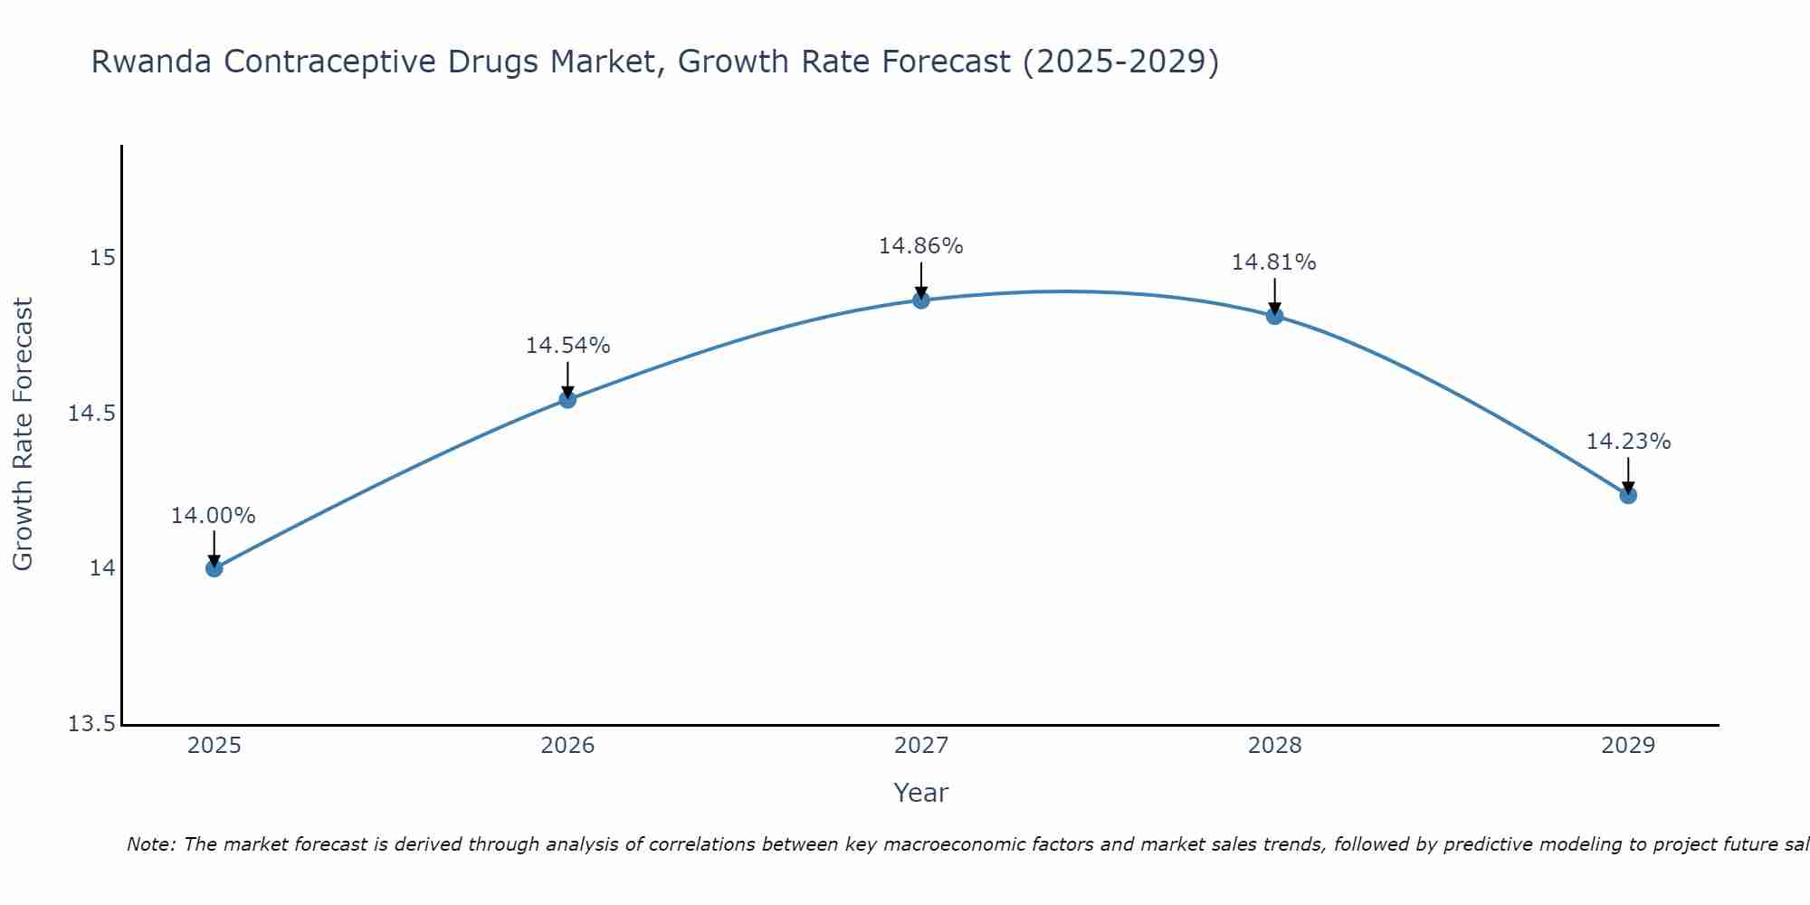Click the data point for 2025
pos(214,568)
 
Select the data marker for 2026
pos(567,399)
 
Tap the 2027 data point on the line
pos(921,300)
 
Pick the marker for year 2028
pos(1274,316)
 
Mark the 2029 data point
pos(1628,495)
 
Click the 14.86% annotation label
pos(920,246)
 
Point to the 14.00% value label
pos(214,516)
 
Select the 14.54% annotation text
pos(567,346)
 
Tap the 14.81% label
pos(1273,262)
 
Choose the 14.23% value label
pos(1628,442)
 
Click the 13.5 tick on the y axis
pos(92,724)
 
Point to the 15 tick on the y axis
pos(103,258)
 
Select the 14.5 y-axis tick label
pos(92,414)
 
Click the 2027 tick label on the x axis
pos(921,746)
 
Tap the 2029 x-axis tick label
pos(1628,746)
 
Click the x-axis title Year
pos(920,793)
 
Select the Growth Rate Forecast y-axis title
pos(23,434)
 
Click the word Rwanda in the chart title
pos(152,62)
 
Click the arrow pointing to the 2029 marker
pos(1628,473)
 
